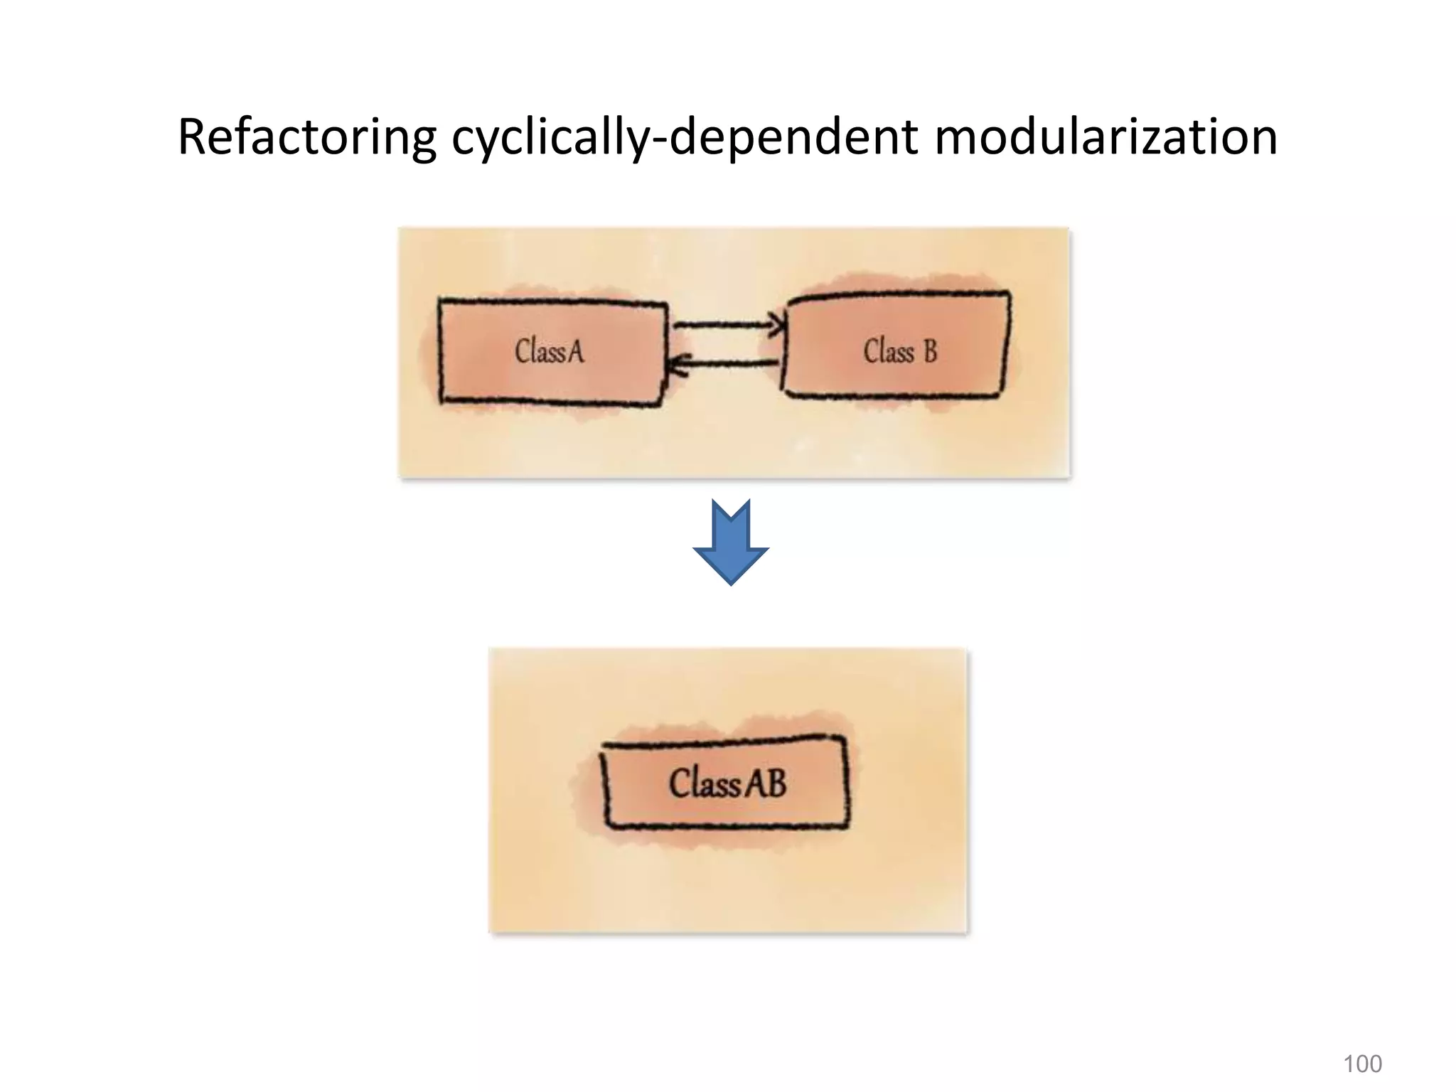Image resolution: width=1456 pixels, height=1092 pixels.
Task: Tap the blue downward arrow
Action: click(x=731, y=540)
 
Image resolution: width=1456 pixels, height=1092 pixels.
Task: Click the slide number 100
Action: click(x=1362, y=1064)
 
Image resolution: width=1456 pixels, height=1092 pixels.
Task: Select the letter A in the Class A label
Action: click(x=574, y=351)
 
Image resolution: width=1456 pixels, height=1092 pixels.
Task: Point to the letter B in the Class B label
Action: click(x=930, y=351)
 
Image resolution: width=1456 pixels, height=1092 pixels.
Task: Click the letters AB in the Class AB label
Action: click(x=766, y=783)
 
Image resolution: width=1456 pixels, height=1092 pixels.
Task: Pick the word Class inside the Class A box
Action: click(x=539, y=351)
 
